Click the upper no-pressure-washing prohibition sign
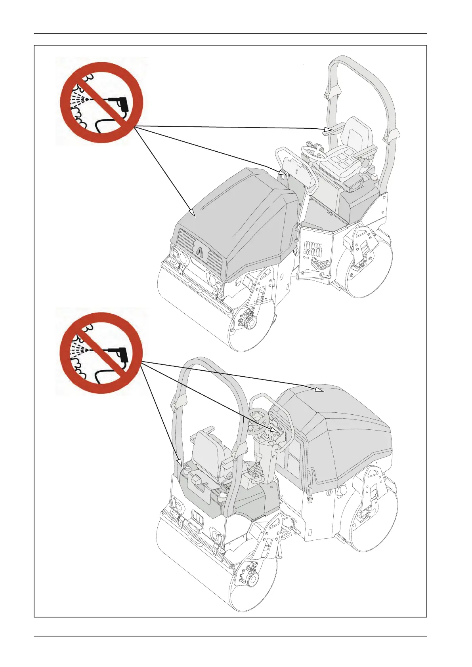pos(101,102)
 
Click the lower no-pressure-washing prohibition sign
pos(101,353)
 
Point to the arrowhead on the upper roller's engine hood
pos(192,213)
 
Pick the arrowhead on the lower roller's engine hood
pos(318,390)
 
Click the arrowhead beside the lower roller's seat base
pos(179,462)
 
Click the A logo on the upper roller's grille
pos(199,252)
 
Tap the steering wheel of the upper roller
pos(314,152)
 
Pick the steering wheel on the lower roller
pos(258,420)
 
